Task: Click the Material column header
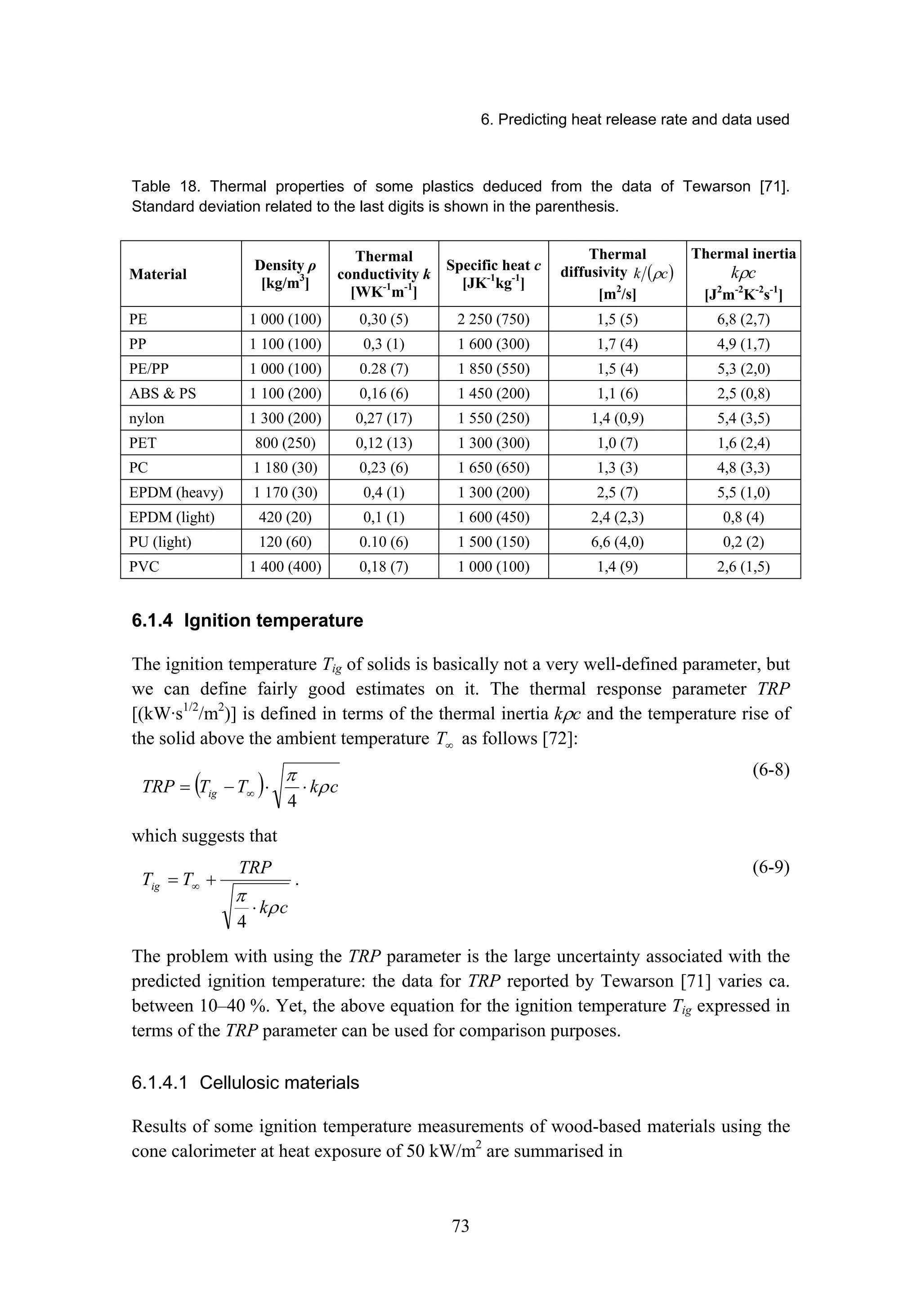(x=158, y=275)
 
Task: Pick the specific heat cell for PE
(x=493, y=320)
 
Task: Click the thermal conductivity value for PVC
(x=384, y=567)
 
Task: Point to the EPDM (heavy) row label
(x=176, y=492)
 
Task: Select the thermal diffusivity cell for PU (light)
(x=617, y=542)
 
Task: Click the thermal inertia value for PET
(x=743, y=443)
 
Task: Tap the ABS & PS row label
(x=162, y=394)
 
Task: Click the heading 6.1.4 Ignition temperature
(x=247, y=620)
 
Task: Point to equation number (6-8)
(x=771, y=770)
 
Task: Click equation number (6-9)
(x=771, y=868)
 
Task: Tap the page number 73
(x=460, y=1226)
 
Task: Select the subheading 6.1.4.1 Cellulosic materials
(x=245, y=1083)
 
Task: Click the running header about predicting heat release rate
(x=635, y=120)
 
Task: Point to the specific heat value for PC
(x=493, y=468)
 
